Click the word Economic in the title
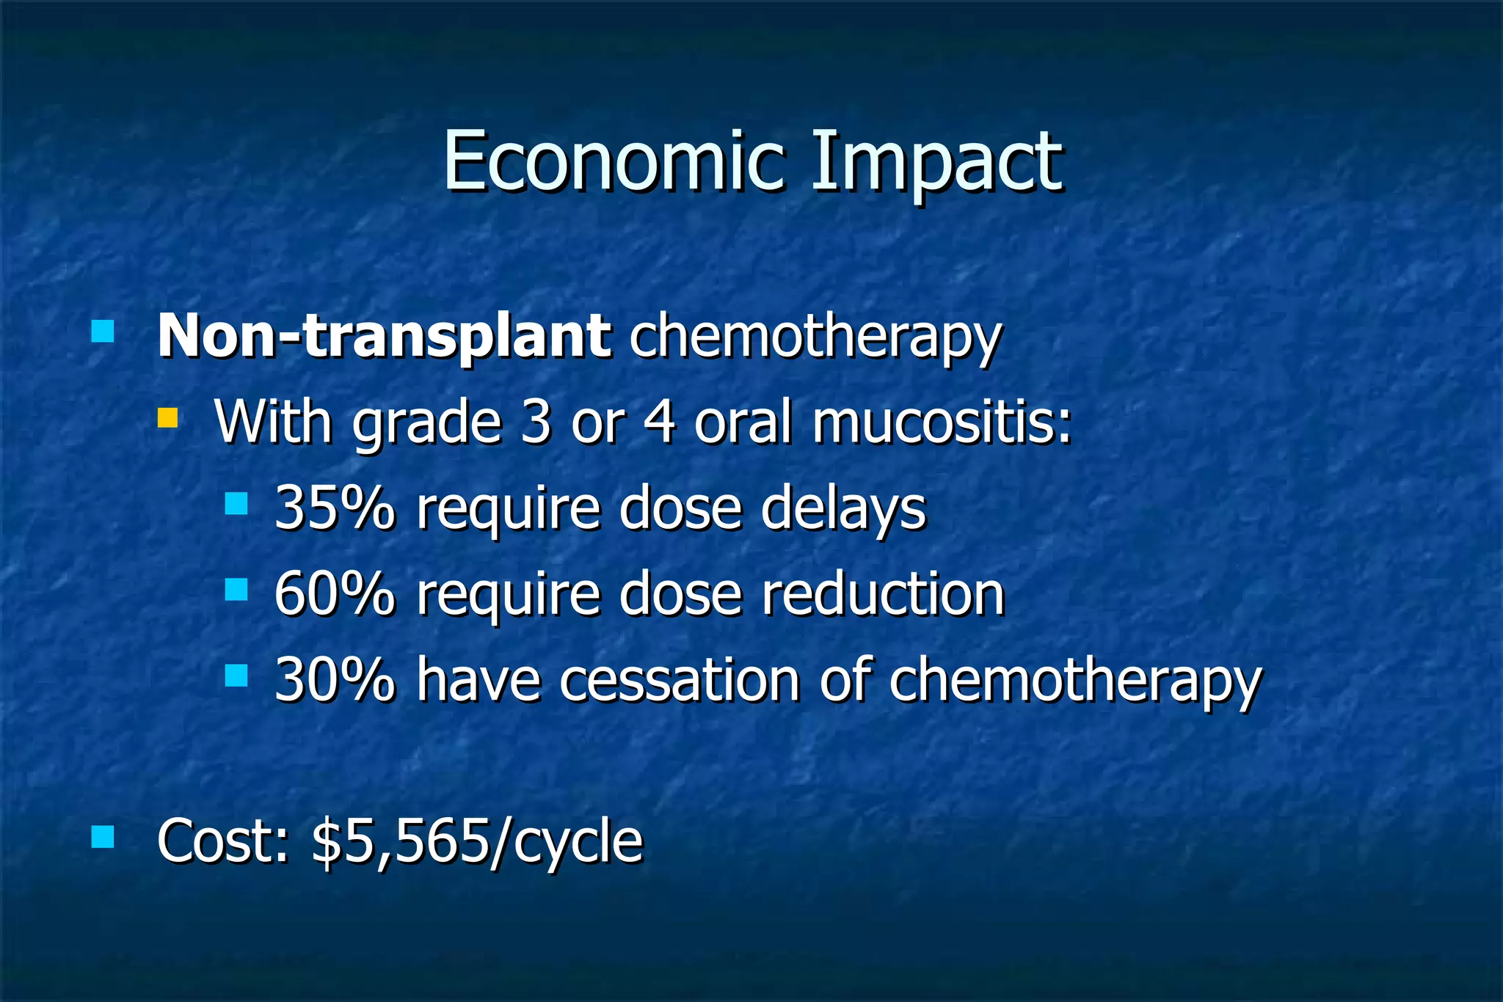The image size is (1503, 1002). [614, 161]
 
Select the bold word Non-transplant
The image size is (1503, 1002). [384, 336]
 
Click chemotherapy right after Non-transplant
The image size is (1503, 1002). [815, 337]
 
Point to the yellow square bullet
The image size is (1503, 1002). [168, 418]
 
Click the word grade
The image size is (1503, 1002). [426, 424]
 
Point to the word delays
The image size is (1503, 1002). [843, 508]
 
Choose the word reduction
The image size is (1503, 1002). [883, 593]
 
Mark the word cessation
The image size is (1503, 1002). [680, 679]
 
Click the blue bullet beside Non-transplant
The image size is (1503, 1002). [103, 331]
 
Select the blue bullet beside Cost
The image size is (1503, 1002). [103, 836]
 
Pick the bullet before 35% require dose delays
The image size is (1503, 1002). [236, 503]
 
